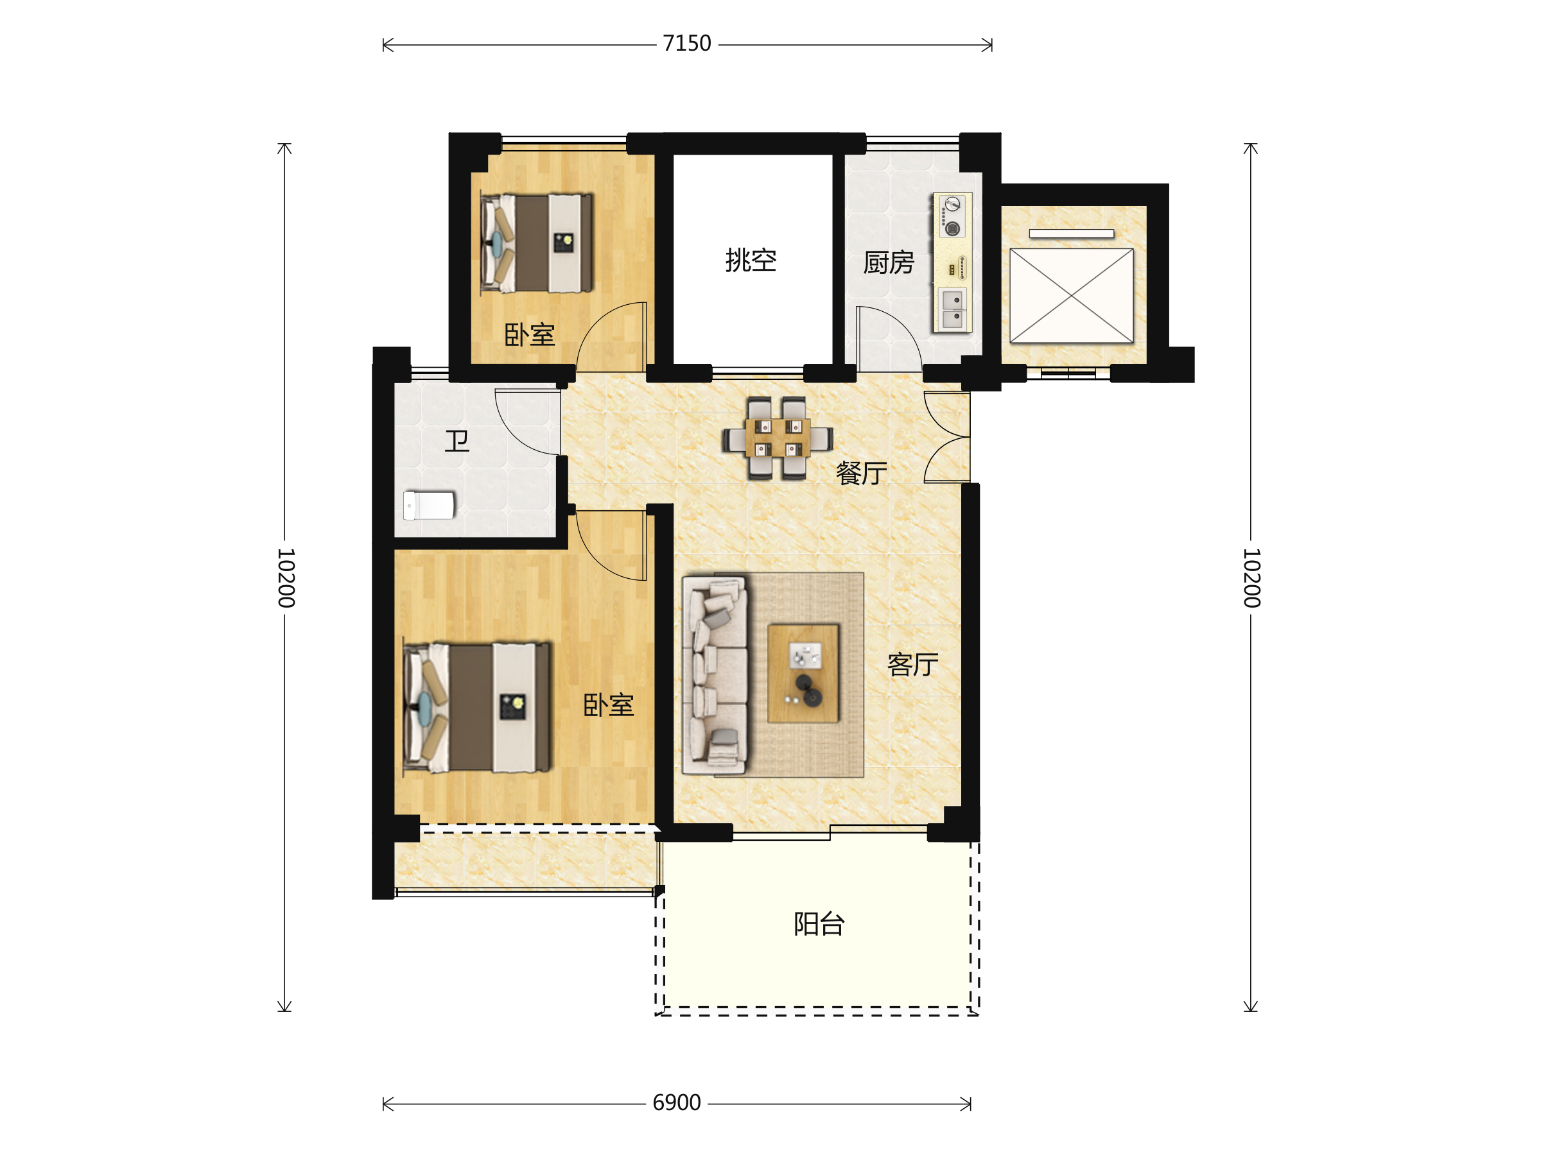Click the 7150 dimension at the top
pyautogui.click(x=687, y=44)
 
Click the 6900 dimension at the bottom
pyautogui.click(x=677, y=1103)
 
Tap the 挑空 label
pyautogui.click(x=751, y=261)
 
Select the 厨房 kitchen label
pyautogui.click(x=888, y=262)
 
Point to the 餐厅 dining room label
pyautogui.click(x=861, y=473)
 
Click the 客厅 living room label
pyautogui.click(x=912, y=665)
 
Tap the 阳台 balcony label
pyautogui.click(x=819, y=924)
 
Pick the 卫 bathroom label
pyautogui.click(x=457, y=441)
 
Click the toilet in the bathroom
pyautogui.click(x=429, y=506)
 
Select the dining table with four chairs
pyautogui.click(x=778, y=438)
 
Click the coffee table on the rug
pyautogui.click(x=803, y=673)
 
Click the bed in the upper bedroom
pyautogui.click(x=536, y=243)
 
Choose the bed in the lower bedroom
pyautogui.click(x=476, y=707)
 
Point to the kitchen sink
pyautogui.click(x=953, y=309)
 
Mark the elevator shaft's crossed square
pyautogui.click(x=1072, y=296)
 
